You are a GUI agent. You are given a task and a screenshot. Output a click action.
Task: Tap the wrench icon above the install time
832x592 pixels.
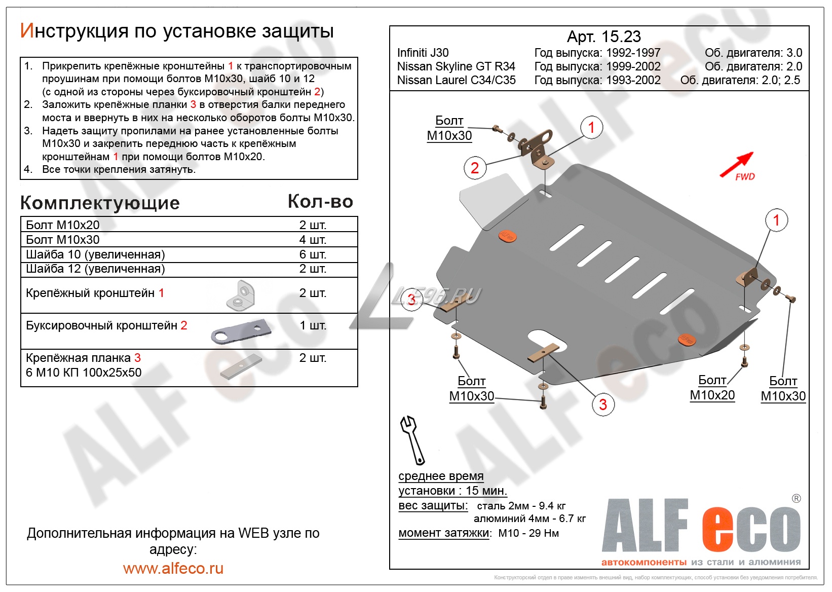(413, 439)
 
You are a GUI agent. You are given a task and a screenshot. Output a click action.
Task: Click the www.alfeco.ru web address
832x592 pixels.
(173, 569)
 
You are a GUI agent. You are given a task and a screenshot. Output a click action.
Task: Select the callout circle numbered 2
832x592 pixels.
(475, 168)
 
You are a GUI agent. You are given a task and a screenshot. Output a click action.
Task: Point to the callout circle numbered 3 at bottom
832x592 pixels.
(603, 404)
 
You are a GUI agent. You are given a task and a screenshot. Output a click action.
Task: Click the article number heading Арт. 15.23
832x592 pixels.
(603, 36)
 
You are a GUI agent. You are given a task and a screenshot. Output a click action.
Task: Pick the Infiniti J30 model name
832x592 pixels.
(423, 53)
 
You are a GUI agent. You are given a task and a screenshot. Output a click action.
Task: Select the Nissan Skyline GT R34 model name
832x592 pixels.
(456, 66)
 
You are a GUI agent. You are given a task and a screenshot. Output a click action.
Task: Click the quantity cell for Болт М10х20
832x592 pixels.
(313, 225)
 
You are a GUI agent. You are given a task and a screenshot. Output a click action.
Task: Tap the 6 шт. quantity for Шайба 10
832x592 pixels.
(313, 254)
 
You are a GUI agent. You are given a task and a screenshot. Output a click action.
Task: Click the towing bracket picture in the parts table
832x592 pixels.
(241, 332)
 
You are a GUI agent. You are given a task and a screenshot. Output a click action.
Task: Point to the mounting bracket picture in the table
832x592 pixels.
(241, 295)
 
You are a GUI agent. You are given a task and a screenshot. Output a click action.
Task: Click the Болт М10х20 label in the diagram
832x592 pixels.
(712, 388)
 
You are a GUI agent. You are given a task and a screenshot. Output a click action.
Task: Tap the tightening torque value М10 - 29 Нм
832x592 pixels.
(528, 533)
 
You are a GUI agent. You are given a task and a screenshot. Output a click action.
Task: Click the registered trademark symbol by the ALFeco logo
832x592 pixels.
(796, 499)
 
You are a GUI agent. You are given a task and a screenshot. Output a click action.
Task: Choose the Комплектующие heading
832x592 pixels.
(100, 203)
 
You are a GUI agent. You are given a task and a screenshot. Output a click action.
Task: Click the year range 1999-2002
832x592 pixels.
(633, 66)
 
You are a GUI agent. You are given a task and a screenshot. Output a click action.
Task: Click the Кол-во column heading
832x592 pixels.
(320, 202)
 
